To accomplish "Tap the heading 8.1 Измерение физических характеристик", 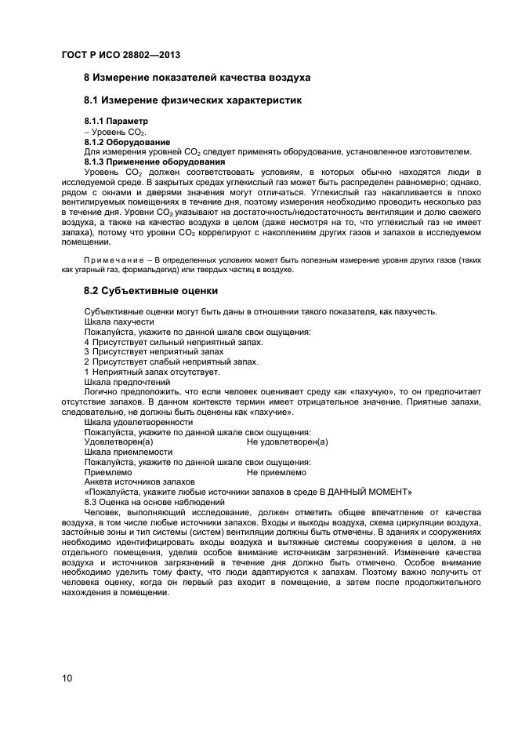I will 192,100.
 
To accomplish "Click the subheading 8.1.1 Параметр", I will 116,122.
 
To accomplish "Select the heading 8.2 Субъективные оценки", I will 151,291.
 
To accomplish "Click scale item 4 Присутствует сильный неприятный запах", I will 173,342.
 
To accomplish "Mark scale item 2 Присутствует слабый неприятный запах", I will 170,362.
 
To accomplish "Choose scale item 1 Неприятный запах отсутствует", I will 152,372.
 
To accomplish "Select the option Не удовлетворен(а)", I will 287,442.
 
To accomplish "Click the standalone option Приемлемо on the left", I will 107,472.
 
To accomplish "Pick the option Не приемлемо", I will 276,472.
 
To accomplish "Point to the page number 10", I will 67,678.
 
